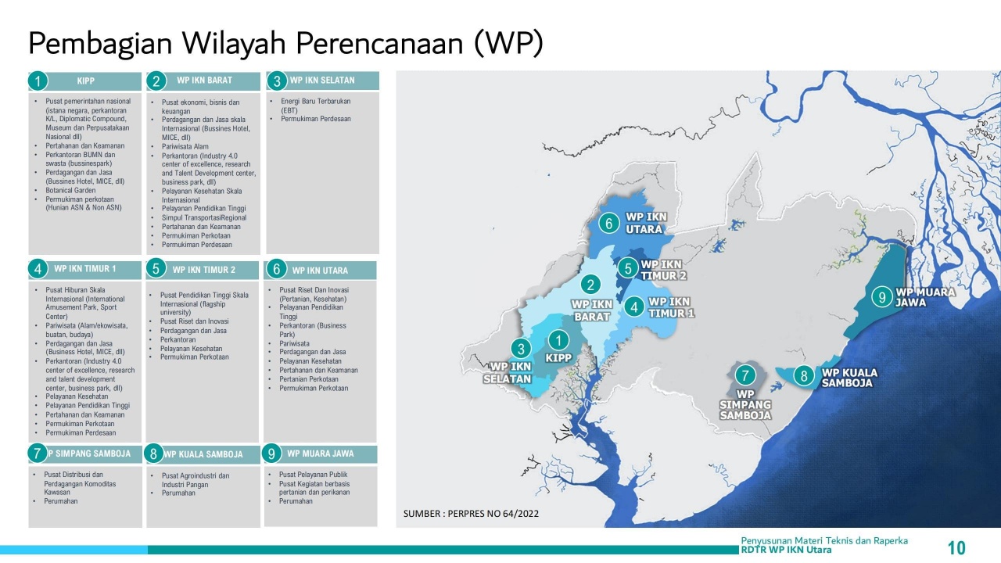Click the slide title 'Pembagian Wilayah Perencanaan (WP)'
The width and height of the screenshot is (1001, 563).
click(285, 44)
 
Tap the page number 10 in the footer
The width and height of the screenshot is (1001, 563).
click(956, 548)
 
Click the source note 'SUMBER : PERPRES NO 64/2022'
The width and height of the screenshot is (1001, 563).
click(471, 514)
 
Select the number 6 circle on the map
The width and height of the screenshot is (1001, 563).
click(608, 223)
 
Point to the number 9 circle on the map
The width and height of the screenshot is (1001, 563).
click(882, 297)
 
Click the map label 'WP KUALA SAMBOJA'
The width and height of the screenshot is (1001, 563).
click(849, 378)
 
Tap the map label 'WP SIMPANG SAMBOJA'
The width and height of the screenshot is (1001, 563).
click(745, 405)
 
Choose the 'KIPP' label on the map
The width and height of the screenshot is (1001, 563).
click(558, 358)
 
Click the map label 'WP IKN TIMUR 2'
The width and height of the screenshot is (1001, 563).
click(663, 271)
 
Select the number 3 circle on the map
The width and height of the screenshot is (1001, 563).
click(521, 348)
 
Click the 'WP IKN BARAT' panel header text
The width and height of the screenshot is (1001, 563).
click(204, 81)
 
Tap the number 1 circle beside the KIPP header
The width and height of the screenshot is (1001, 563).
click(38, 81)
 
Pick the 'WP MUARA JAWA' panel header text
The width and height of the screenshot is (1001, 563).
click(321, 454)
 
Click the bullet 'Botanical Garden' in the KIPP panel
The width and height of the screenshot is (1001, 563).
click(70, 190)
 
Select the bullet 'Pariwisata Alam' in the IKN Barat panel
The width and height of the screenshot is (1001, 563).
click(185, 146)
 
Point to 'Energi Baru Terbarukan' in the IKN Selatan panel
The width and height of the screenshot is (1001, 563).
click(315, 102)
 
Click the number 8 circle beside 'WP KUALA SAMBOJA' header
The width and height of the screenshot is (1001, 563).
click(153, 454)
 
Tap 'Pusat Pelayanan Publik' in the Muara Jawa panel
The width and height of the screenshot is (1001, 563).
click(313, 475)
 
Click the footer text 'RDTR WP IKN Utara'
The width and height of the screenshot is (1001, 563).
click(786, 550)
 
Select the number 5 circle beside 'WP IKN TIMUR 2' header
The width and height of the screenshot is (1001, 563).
click(156, 269)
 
